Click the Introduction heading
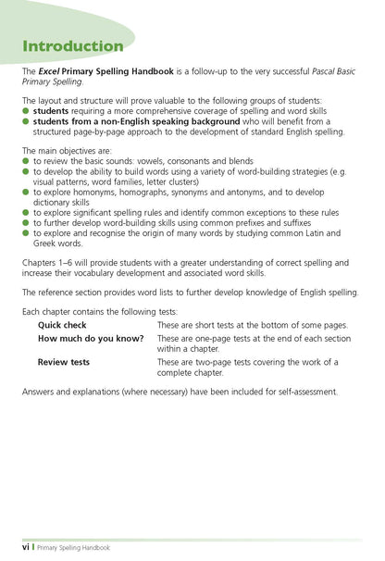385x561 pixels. point(72,45)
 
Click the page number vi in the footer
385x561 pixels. point(27,547)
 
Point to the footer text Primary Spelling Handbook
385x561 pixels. point(73,547)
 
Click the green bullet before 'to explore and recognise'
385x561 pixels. point(27,232)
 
